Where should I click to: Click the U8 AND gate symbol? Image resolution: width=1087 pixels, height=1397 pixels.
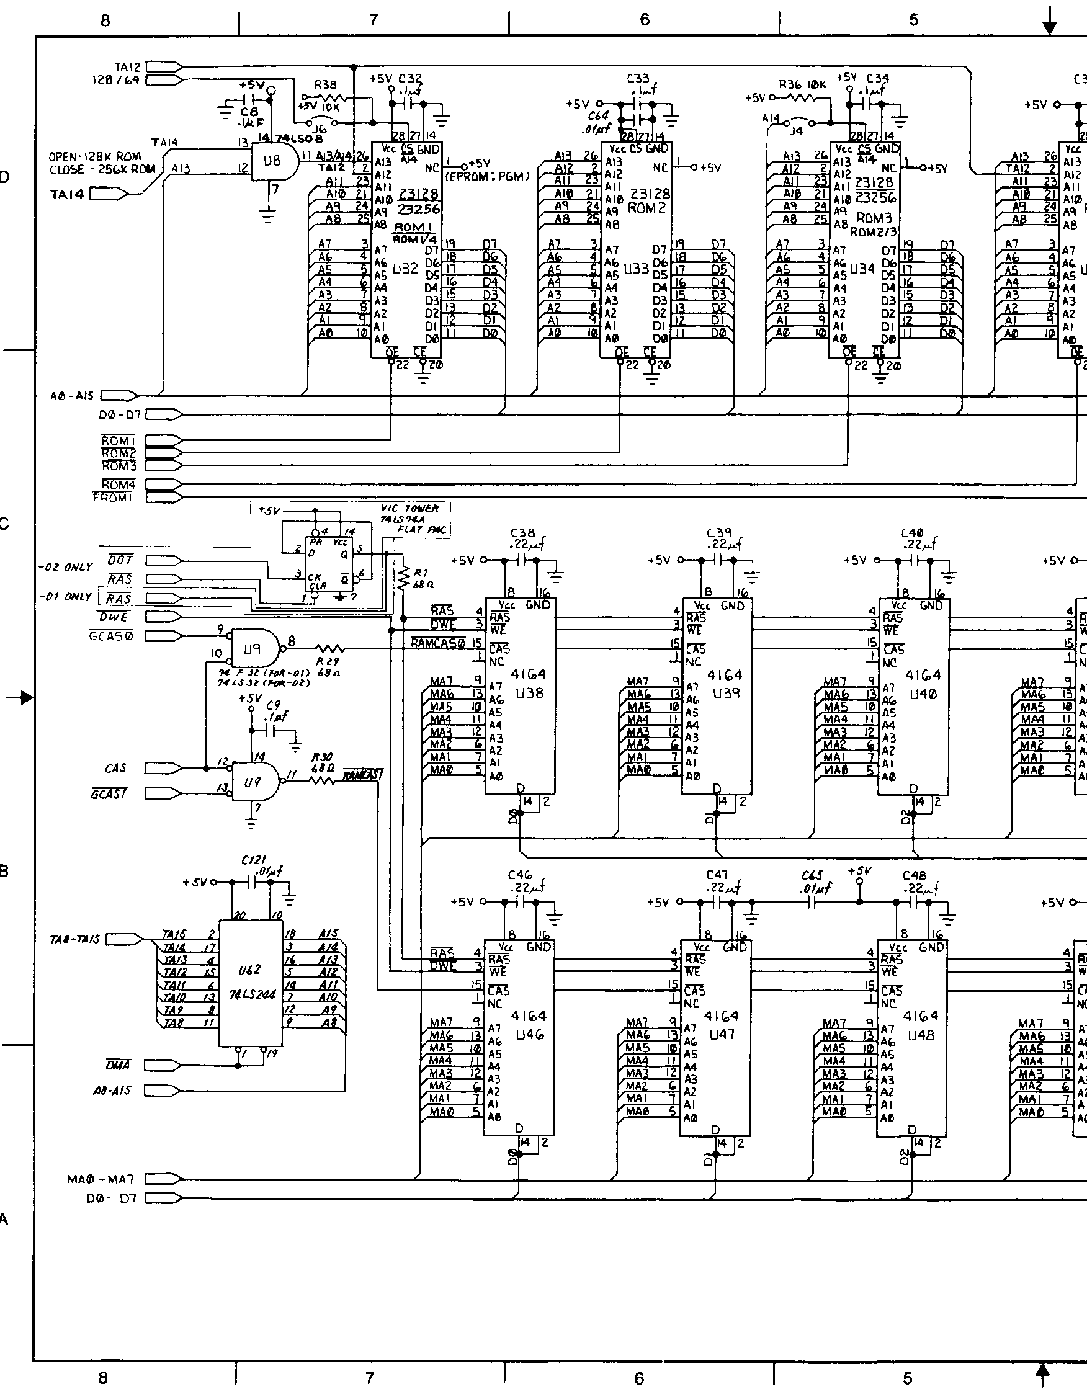(x=274, y=161)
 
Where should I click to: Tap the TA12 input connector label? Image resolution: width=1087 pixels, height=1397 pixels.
(x=127, y=66)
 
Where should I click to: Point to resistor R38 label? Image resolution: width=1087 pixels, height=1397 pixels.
(x=325, y=84)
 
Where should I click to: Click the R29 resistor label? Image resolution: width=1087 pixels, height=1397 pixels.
(x=328, y=661)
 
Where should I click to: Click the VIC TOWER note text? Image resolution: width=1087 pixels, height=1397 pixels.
(x=409, y=509)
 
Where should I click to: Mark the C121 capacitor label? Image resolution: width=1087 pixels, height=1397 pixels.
(x=254, y=860)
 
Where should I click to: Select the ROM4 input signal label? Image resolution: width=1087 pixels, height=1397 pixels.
(x=119, y=484)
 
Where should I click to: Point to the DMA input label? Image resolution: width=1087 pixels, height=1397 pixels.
(x=118, y=1065)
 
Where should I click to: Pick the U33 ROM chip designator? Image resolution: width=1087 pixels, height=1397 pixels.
(x=636, y=269)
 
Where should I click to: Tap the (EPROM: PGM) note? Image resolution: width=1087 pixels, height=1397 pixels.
(x=488, y=177)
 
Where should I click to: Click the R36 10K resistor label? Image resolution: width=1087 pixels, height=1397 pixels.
(x=802, y=84)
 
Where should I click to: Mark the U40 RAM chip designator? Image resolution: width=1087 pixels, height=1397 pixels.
(x=922, y=694)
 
